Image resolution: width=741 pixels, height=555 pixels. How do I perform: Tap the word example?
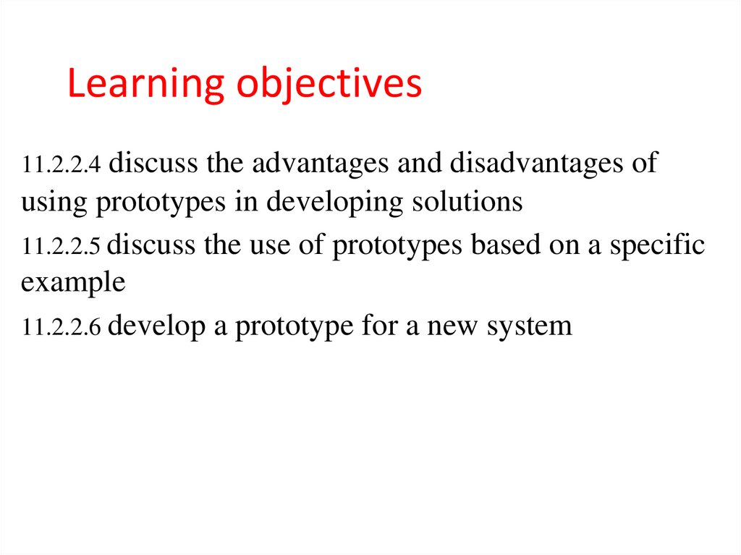73,284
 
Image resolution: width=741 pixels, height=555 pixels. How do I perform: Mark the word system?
529,328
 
